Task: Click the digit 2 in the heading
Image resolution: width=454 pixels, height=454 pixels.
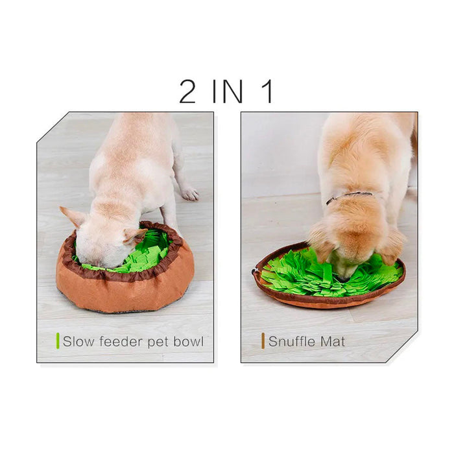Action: coord(187,91)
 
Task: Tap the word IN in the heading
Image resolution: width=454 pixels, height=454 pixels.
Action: coord(228,91)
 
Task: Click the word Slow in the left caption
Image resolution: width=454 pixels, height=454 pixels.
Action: coord(78,341)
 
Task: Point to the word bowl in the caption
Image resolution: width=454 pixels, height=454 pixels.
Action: coord(189,341)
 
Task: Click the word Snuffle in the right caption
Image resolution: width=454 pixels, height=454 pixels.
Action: coord(292,341)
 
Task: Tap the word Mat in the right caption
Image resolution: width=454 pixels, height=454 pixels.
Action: coord(333,341)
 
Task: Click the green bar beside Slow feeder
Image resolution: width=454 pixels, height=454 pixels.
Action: coord(58,340)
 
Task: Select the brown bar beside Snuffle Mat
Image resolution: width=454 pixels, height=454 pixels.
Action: coord(263,340)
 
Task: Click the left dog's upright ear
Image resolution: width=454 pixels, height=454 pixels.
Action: coord(73,217)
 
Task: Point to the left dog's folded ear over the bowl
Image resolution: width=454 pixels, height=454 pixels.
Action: coord(135,235)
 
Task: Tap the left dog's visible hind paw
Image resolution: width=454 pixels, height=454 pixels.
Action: coord(189,194)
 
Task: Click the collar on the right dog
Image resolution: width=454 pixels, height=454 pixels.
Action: coord(349,197)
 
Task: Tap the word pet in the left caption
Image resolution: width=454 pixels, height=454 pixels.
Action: coord(158,342)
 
